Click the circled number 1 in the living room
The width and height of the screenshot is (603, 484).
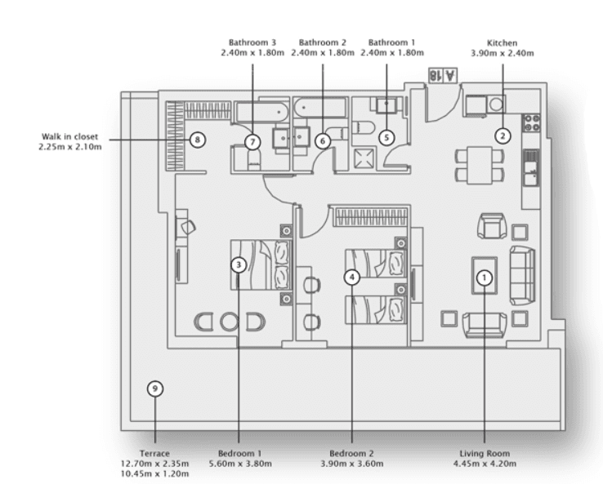(x=485, y=278)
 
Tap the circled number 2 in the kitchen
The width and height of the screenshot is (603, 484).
(x=503, y=134)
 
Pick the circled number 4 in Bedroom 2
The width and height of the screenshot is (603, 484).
(x=351, y=277)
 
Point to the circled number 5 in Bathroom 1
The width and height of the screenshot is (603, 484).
(x=386, y=138)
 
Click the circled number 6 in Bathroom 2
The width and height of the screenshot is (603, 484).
(x=323, y=140)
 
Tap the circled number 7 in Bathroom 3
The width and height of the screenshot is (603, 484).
(x=252, y=141)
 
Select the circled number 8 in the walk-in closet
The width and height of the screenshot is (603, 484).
(x=197, y=139)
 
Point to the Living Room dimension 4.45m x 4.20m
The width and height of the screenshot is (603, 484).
(x=485, y=463)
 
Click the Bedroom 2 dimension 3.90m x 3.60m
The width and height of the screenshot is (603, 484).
(x=351, y=463)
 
